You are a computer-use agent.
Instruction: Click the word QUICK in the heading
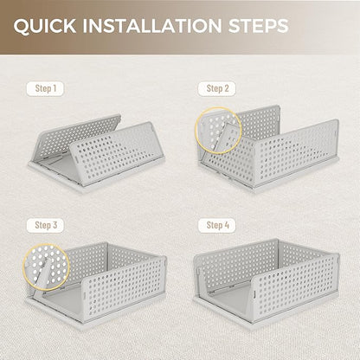45,26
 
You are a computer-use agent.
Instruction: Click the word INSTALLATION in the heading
152,25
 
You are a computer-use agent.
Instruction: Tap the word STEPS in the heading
258,25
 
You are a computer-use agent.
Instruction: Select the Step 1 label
45,88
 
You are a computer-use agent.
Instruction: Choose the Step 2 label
217,88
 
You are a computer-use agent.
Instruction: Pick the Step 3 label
46,225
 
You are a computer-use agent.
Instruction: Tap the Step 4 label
217,225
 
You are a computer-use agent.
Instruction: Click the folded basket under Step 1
97,153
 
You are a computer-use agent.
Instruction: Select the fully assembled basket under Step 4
267,283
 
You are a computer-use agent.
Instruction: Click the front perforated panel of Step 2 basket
297,154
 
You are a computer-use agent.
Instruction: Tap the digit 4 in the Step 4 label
226,225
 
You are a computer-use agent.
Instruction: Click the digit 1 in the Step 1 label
54,88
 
